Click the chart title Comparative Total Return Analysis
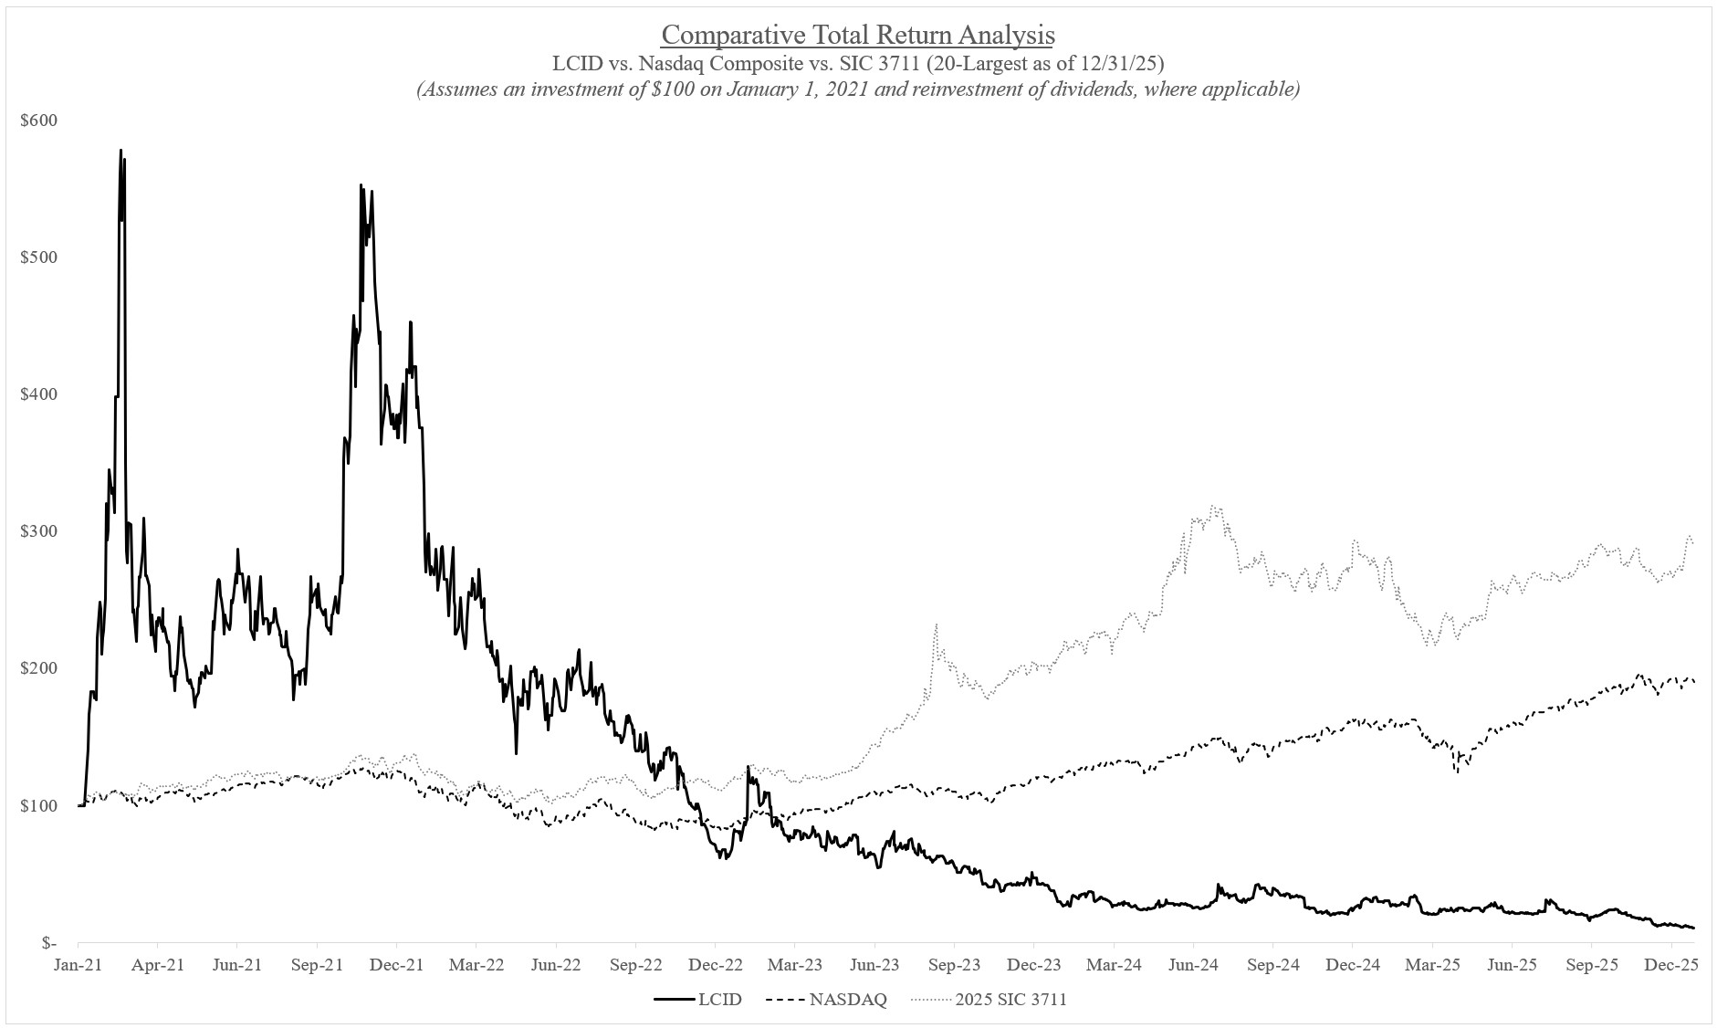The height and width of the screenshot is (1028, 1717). pyautogui.click(x=857, y=35)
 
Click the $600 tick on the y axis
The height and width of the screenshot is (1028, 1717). pyautogui.click(x=37, y=121)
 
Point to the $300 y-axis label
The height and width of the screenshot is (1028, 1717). pyautogui.click(x=37, y=531)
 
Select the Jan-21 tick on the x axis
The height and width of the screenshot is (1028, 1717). pyautogui.click(x=78, y=965)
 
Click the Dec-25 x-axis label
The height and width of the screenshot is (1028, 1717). pyautogui.click(x=1670, y=965)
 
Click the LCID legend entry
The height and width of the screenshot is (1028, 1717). pyautogui.click(x=698, y=1000)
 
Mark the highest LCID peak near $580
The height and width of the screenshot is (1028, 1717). pyautogui.click(x=120, y=151)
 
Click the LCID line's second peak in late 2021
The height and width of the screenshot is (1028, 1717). pyautogui.click(x=361, y=185)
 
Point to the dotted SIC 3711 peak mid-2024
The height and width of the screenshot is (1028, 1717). pyautogui.click(x=1212, y=507)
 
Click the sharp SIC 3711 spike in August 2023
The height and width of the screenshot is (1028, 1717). pyautogui.click(x=936, y=625)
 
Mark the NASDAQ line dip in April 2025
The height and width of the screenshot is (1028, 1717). pyautogui.click(x=1457, y=771)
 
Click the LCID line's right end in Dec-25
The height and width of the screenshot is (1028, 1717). pyautogui.click(x=1693, y=928)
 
